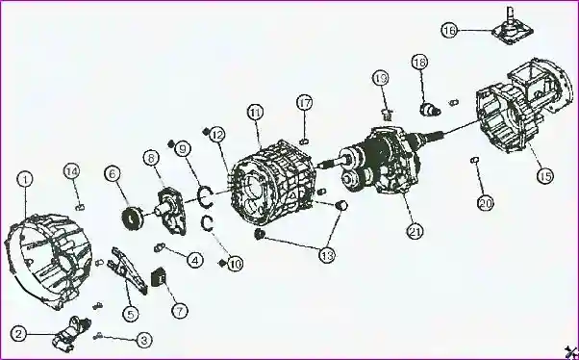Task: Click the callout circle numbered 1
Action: pos(25,180)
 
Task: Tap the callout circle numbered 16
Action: pos(449,30)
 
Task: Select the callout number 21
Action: pos(415,231)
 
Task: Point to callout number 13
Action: pos(327,255)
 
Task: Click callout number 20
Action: pos(486,202)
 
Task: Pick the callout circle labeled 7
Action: pos(180,311)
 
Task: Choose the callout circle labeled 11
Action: pos(256,113)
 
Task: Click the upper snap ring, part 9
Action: pos(205,196)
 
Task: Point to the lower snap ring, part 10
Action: pos(207,223)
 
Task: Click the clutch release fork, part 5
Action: pos(128,270)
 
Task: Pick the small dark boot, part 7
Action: pos(158,277)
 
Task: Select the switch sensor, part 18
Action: pos(431,109)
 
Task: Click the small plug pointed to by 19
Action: pos(387,116)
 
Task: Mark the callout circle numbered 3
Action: pos(144,340)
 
